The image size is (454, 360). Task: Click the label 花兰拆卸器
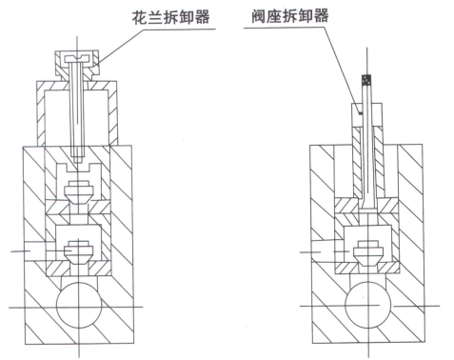[x=170, y=17]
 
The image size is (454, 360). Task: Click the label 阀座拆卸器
[x=290, y=15]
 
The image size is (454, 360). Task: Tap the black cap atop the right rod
[x=367, y=80]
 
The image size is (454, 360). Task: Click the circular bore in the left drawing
[x=79, y=306]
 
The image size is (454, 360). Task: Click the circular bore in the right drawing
[x=367, y=306]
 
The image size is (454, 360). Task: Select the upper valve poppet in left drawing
[x=79, y=190]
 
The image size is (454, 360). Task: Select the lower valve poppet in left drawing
[x=79, y=251]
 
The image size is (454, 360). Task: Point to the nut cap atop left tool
[x=77, y=63]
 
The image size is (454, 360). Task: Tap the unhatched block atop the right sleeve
[x=366, y=115]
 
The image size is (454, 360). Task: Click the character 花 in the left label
[x=140, y=17]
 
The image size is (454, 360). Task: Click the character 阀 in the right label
[x=259, y=16]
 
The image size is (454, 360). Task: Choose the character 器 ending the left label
[x=202, y=17]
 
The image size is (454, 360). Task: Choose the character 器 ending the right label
[x=321, y=16]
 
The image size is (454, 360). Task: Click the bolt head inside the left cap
[x=77, y=58]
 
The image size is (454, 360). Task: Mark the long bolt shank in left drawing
[x=78, y=108]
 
